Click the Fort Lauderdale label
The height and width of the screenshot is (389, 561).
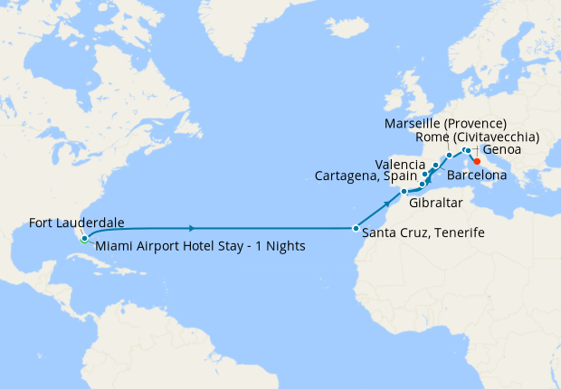76,222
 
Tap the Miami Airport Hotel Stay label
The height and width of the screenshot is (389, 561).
199,245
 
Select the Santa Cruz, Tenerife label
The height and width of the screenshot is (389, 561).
423,232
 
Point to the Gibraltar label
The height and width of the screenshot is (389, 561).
435,204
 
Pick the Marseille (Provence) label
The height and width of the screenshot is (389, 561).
445,123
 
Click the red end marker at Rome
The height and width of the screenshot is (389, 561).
477,161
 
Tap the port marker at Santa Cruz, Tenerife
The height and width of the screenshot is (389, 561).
356,228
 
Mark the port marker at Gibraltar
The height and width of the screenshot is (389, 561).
404,192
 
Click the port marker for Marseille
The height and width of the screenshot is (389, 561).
450,156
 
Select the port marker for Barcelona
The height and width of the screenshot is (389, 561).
435,166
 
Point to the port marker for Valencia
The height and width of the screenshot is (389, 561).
425,175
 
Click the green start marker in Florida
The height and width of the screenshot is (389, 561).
83,240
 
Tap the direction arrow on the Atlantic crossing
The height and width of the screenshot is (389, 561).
192,228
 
